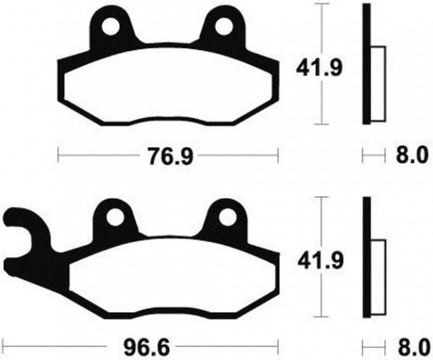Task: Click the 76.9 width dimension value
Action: (170, 156)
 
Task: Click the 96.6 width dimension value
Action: (146, 347)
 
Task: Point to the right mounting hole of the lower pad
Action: (227, 216)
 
